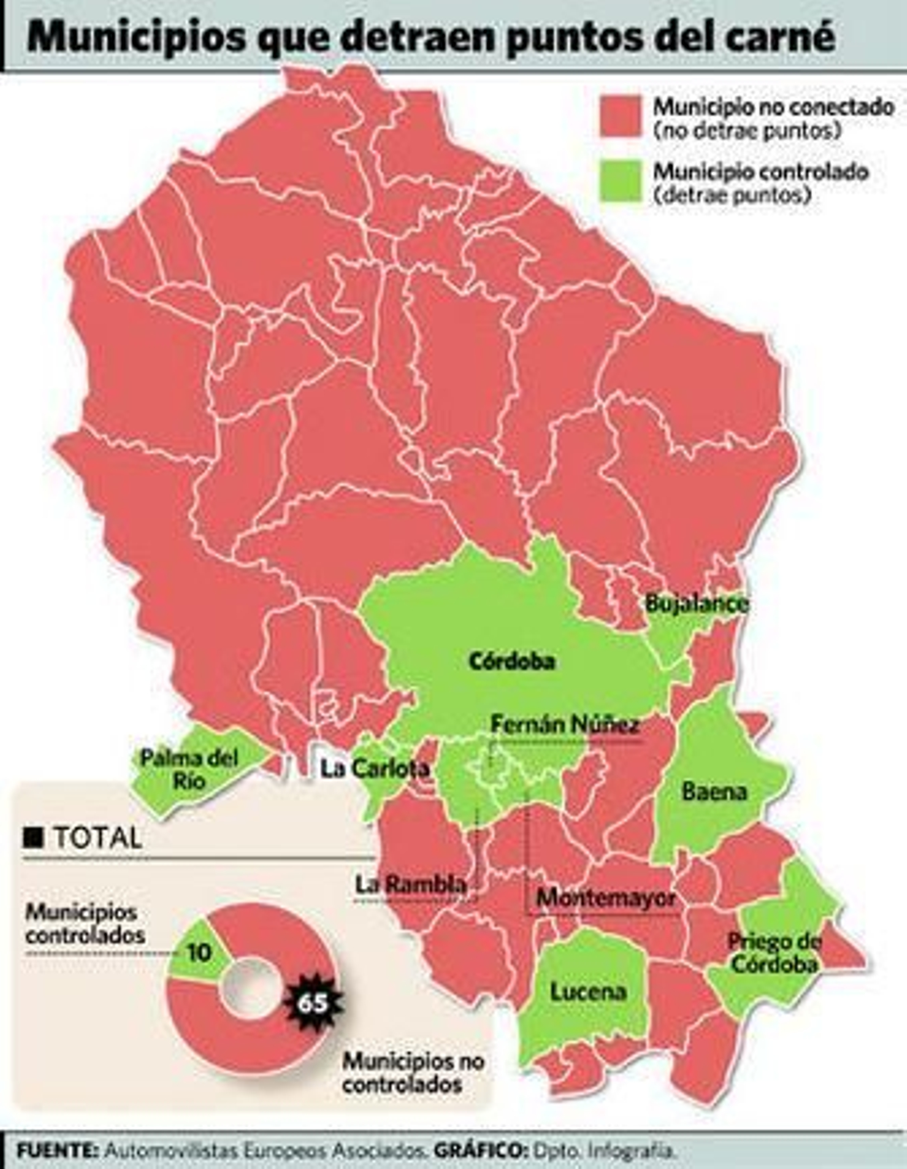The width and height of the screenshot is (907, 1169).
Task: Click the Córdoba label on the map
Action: pyautogui.click(x=512, y=662)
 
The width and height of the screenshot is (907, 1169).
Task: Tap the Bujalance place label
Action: pyautogui.click(x=697, y=603)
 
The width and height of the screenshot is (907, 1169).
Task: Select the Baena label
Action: pyautogui.click(x=714, y=791)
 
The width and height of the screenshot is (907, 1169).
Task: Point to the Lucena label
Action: pyautogui.click(x=588, y=991)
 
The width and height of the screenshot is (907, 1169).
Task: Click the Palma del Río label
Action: pyautogui.click(x=189, y=769)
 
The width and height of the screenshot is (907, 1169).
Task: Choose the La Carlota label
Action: pyautogui.click(x=375, y=769)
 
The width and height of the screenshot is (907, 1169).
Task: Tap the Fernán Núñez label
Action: pyautogui.click(x=565, y=724)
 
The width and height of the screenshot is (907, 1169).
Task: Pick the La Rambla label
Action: pyautogui.click(x=411, y=885)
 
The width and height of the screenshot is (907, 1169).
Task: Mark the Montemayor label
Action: pyautogui.click(x=606, y=898)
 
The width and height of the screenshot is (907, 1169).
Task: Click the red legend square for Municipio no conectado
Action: pyautogui.click(x=621, y=116)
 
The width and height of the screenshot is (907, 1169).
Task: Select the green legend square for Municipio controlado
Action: pyautogui.click(x=621, y=181)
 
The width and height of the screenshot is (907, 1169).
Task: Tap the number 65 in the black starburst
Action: pyautogui.click(x=313, y=1003)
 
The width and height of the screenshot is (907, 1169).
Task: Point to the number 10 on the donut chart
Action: pyautogui.click(x=199, y=953)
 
